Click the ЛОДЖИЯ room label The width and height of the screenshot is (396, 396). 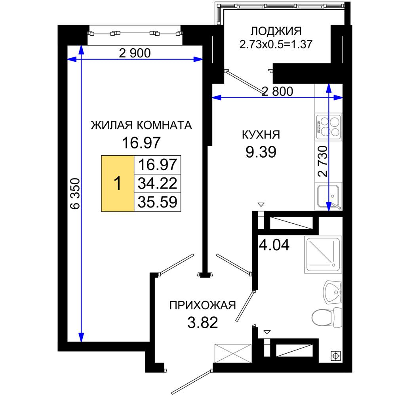[x=276, y=31]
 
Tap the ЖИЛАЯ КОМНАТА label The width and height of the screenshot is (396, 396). [x=141, y=125]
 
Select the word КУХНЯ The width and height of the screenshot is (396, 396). [x=261, y=135]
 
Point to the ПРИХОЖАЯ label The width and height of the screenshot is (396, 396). [x=202, y=305]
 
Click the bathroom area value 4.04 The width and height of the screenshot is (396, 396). [x=274, y=245]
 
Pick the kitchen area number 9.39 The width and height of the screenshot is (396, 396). [x=261, y=152]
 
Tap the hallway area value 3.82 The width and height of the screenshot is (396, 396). [x=202, y=323]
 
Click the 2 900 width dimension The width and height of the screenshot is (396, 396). [x=135, y=53]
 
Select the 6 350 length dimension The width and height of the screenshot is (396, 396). [x=75, y=194]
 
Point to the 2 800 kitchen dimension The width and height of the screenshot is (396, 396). [x=277, y=91]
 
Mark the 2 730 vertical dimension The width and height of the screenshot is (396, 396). [x=323, y=161]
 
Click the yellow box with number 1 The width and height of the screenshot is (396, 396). [x=118, y=183]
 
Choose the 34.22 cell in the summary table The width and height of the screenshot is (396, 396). [x=157, y=183]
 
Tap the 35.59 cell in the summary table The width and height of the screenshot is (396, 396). [x=157, y=202]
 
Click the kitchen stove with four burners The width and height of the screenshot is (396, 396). [x=329, y=127]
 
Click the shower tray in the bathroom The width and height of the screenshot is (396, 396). [x=323, y=254]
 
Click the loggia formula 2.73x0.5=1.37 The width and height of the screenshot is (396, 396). [x=276, y=44]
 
